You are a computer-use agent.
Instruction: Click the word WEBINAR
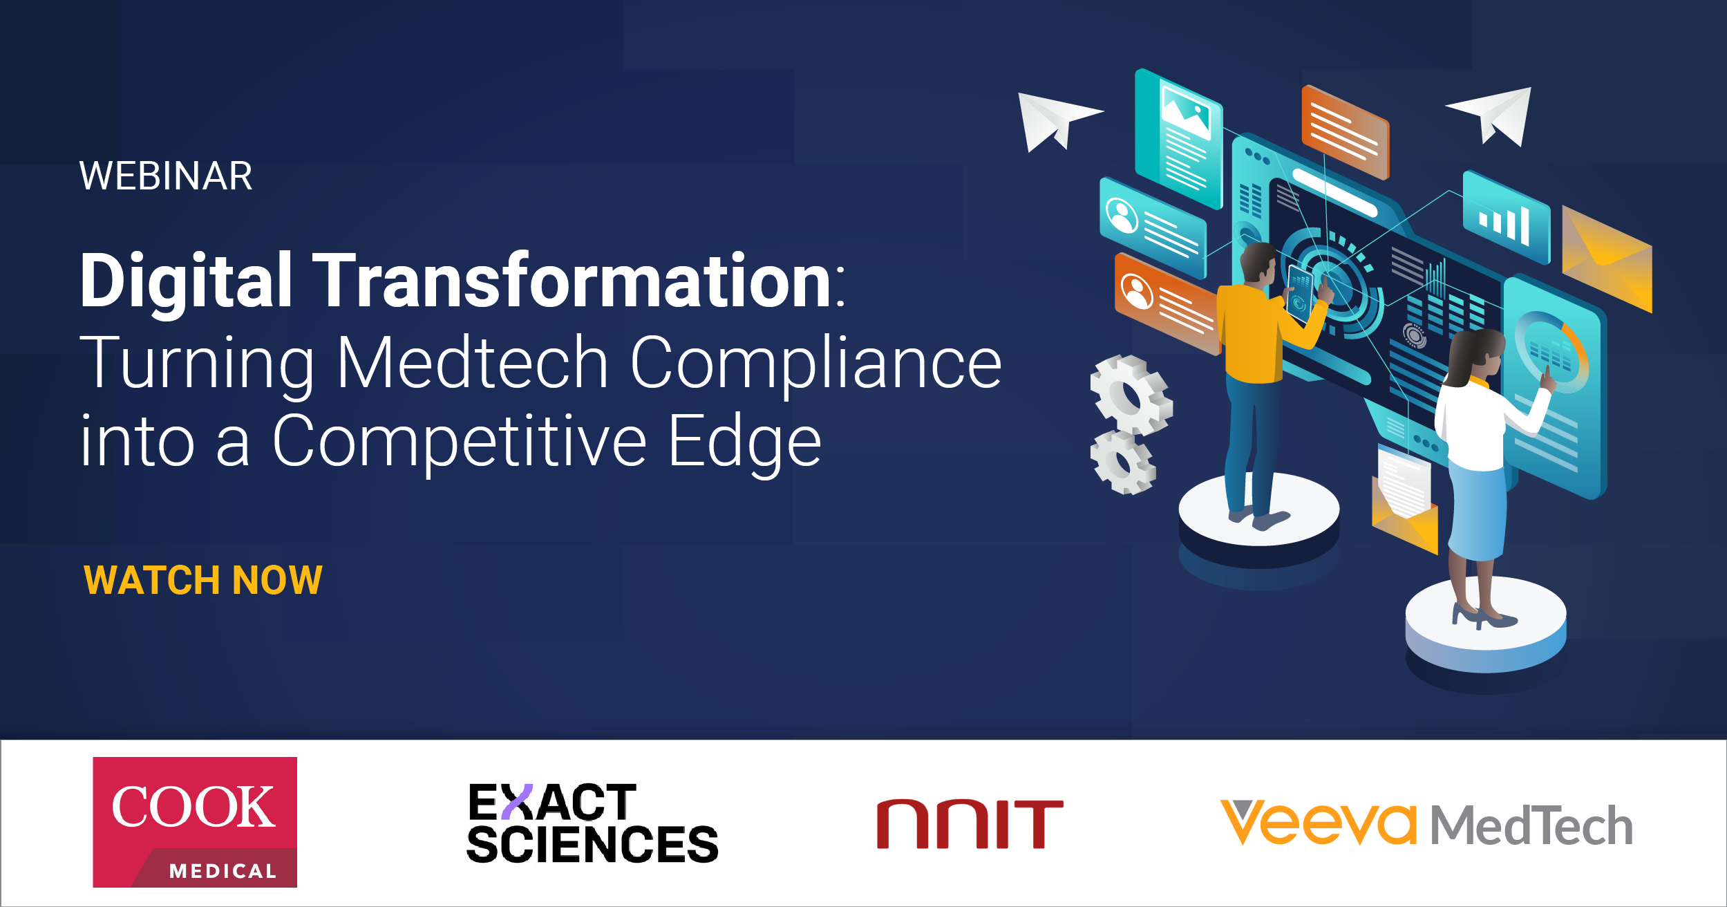coord(166,176)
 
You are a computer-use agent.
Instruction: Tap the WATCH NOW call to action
coord(203,579)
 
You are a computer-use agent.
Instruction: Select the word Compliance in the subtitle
coord(815,363)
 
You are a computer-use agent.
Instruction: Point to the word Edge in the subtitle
coord(744,442)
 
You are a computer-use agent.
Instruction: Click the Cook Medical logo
coord(195,822)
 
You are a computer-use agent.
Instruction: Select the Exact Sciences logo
coord(592,823)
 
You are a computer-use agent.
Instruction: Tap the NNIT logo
coord(970,824)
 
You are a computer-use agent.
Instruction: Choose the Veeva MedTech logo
coord(1426,823)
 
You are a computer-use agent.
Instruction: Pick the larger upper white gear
coord(1131,395)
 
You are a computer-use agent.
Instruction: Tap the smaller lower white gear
coord(1123,462)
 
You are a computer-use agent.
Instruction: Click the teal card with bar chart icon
coord(1507,217)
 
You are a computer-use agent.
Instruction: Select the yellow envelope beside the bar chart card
coord(1607,259)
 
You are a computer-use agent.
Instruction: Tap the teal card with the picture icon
coord(1179,139)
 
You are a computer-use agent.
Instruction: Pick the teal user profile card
coord(1153,227)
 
